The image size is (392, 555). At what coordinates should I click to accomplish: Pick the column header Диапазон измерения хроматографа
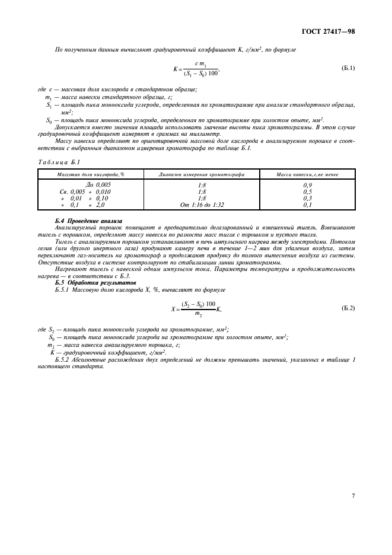(x=202, y=174)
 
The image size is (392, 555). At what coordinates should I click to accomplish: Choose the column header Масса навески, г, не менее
(x=307, y=174)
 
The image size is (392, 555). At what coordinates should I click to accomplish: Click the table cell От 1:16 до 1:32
(x=202, y=205)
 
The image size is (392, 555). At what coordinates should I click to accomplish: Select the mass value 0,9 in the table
(x=307, y=185)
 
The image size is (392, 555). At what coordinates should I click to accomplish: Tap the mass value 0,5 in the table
(x=307, y=192)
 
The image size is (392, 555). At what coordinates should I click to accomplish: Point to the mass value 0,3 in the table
(x=307, y=198)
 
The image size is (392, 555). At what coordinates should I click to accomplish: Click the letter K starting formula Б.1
(x=176, y=69)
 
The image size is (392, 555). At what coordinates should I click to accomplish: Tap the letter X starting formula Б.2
(x=174, y=309)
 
